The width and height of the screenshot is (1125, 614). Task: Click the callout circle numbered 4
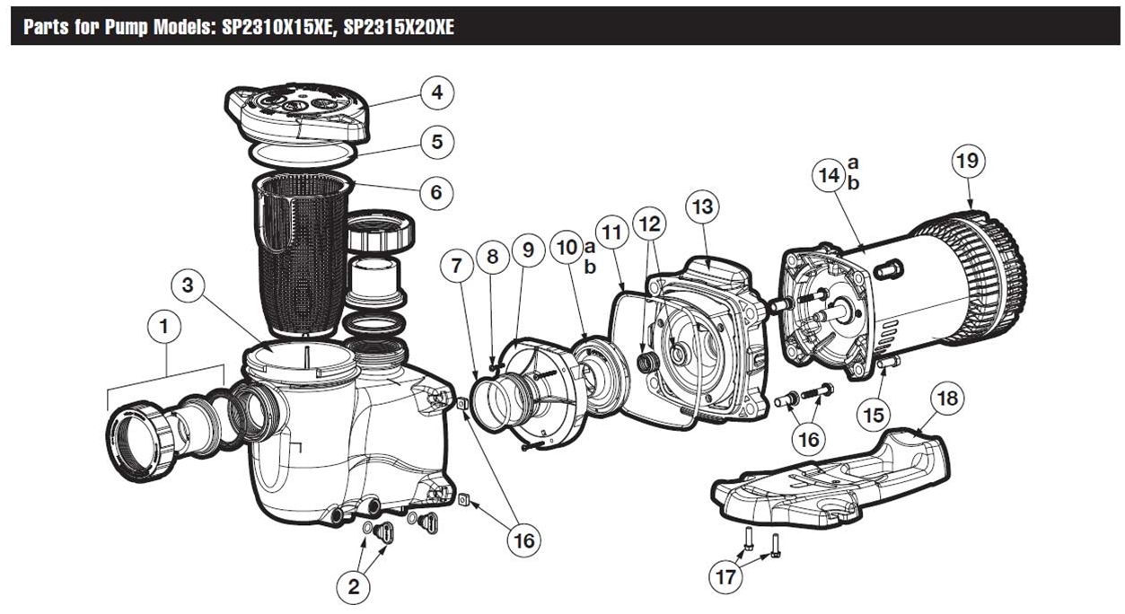436,92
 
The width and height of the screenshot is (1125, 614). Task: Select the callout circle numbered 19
968,162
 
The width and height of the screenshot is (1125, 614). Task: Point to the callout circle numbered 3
187,286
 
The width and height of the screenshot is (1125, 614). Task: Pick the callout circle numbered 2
354,587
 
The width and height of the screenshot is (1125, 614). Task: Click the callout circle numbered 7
457,266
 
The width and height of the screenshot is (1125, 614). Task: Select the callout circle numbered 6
435,192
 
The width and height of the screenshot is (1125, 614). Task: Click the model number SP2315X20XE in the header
397,27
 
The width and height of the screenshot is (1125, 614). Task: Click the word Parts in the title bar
47,27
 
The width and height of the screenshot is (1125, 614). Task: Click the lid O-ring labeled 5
302,154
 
